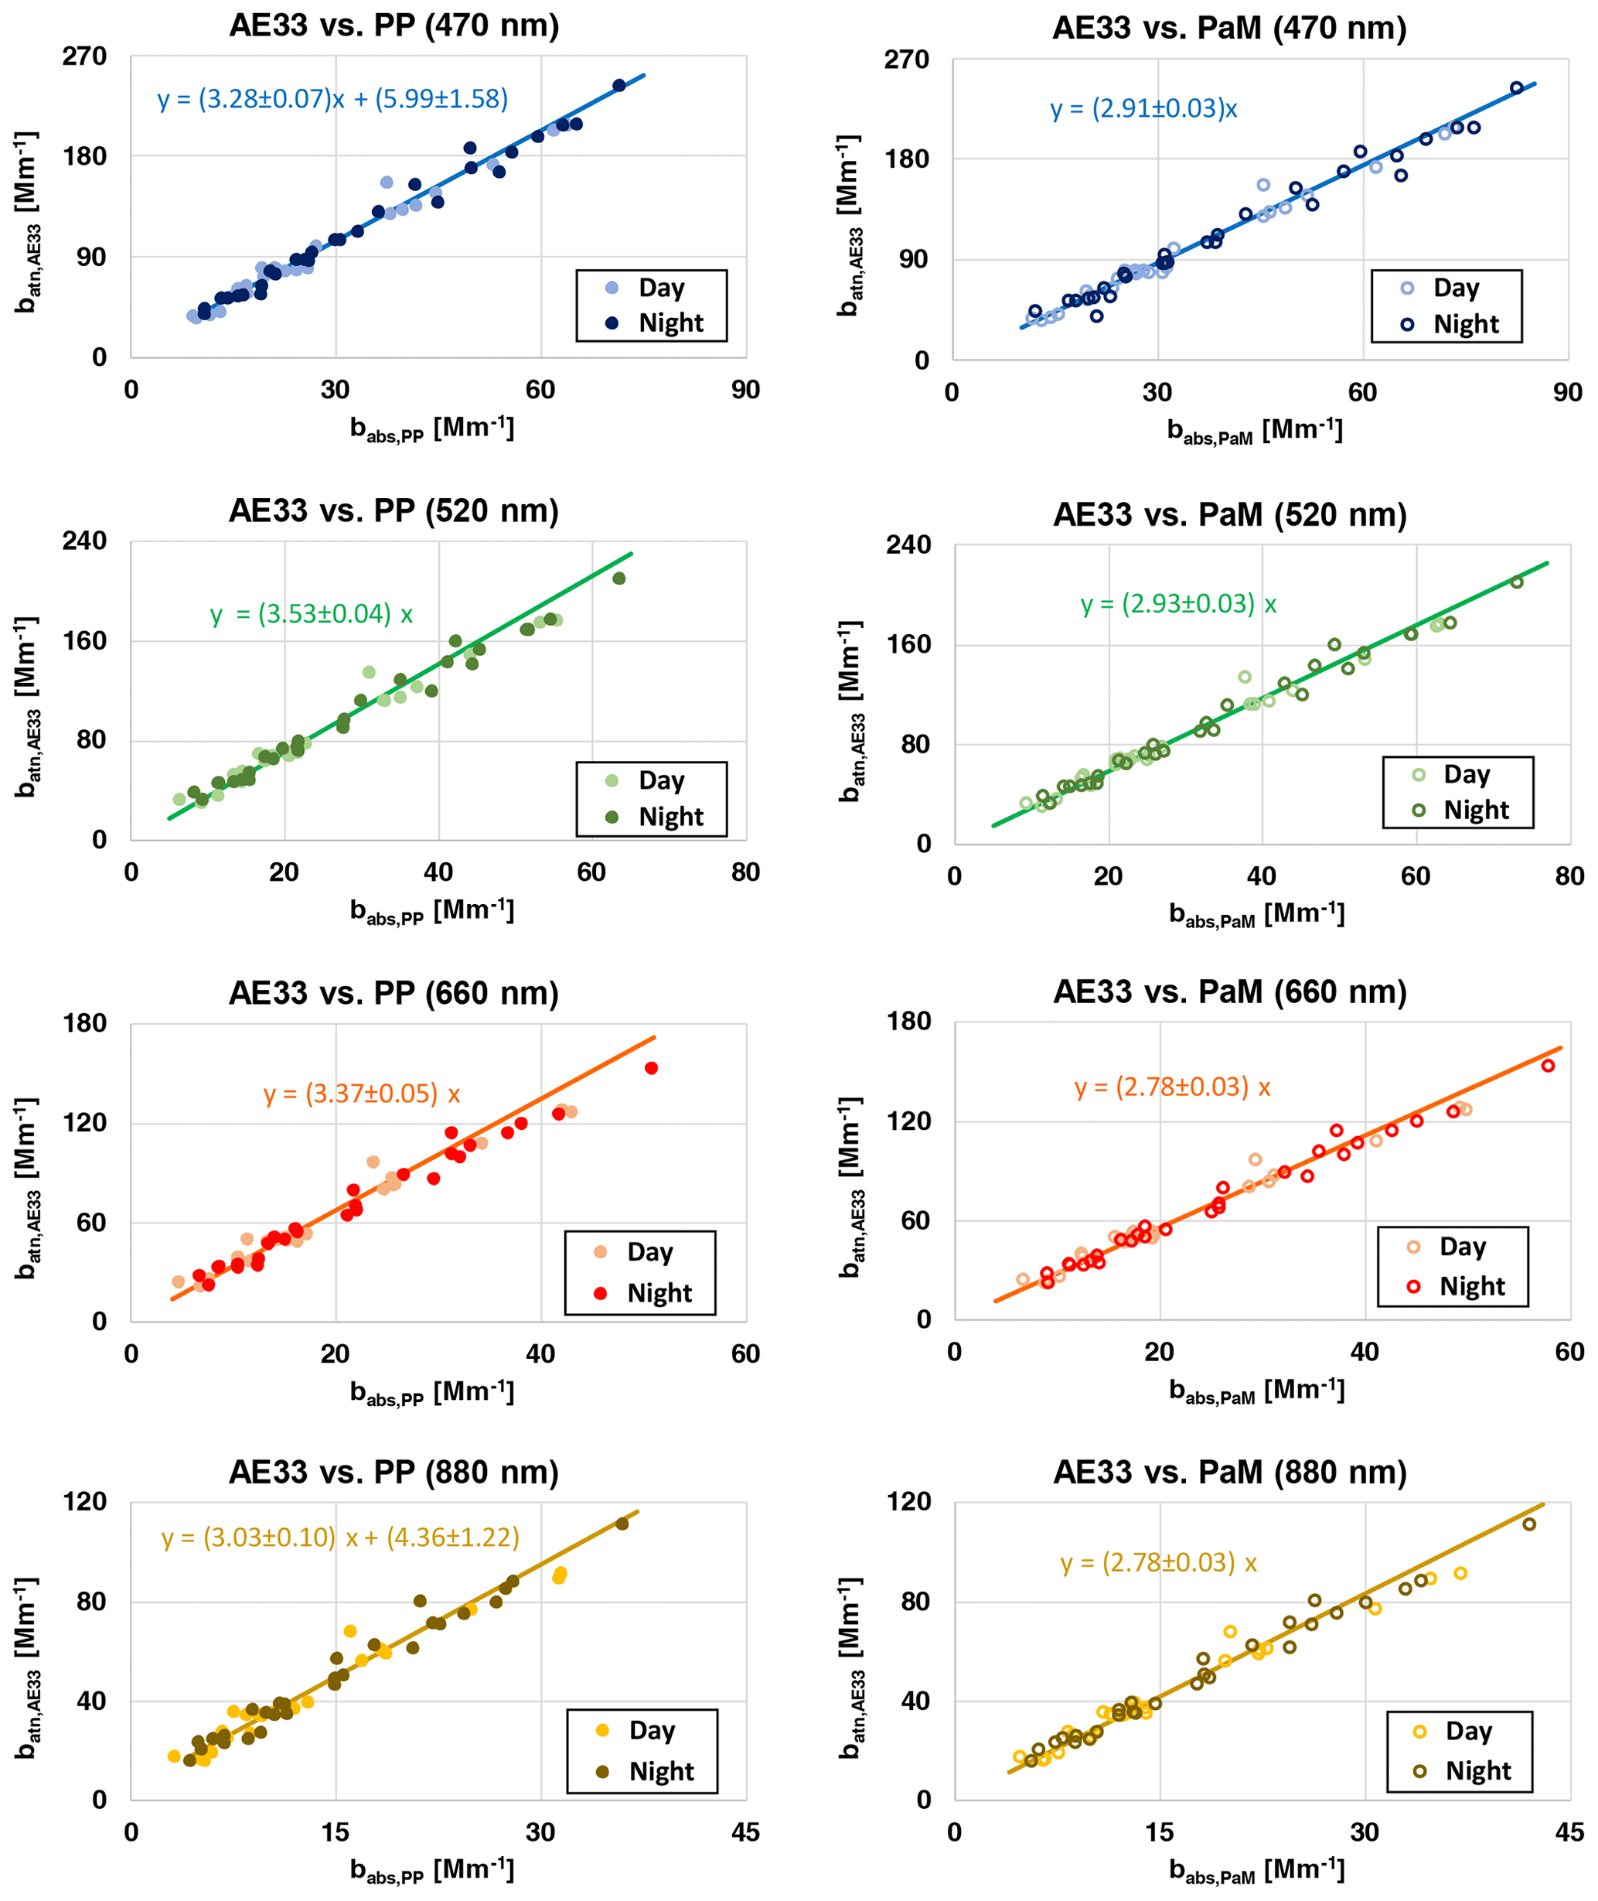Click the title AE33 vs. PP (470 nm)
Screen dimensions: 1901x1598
click(x=394, y=26)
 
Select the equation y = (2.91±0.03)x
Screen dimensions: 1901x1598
click(x=1143, y=109)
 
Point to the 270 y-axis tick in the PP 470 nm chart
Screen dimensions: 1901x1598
click(x=84, y=56)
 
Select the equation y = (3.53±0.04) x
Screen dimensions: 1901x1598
click(x=312, y=614)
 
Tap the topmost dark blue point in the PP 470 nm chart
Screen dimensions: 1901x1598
click(x=619, y=86)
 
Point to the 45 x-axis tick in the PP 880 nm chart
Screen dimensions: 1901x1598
click(x=745, y=1832)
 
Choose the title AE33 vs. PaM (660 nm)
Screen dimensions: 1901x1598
click(x=1229, y=992)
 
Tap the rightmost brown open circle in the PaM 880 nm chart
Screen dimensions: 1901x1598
click(x=1529, y=1524)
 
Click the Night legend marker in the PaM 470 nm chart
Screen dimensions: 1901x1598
click(x=1407, y=324)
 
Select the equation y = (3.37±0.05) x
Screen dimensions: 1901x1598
click(x=362, y=1094)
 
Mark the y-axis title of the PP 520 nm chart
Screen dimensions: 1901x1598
click(x=27, y=707)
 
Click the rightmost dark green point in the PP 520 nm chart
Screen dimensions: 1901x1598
click(x=619, y=578)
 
